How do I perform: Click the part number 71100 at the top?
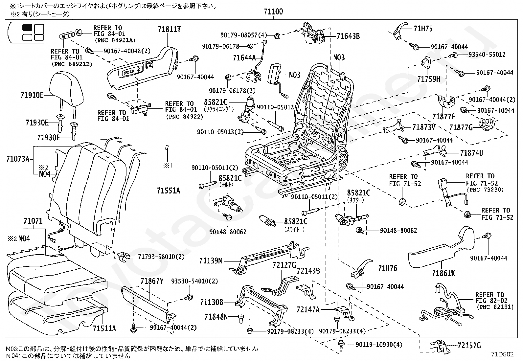click(x=273, y=12)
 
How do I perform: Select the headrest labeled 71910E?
click(x=67, y=88)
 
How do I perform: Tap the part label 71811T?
click(x=169, y=29)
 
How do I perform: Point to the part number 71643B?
click(x=348, y=36)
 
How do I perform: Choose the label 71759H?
click(x=428, y=79)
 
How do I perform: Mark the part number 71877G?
click(x=461, y=127)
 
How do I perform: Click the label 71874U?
click(x=471, y=153)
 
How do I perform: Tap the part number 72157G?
click(x=469, y=345)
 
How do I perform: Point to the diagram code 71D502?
click(x=502, y=354)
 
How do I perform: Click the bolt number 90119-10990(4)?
click(x=379, y=345)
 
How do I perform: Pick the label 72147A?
click(x=308, y=309)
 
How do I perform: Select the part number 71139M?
click(x=211, y=261)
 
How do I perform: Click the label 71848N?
click(x=216, y=317)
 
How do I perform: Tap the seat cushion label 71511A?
click(x=104, y=328)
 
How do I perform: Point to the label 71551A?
click(x=168, y=191)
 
